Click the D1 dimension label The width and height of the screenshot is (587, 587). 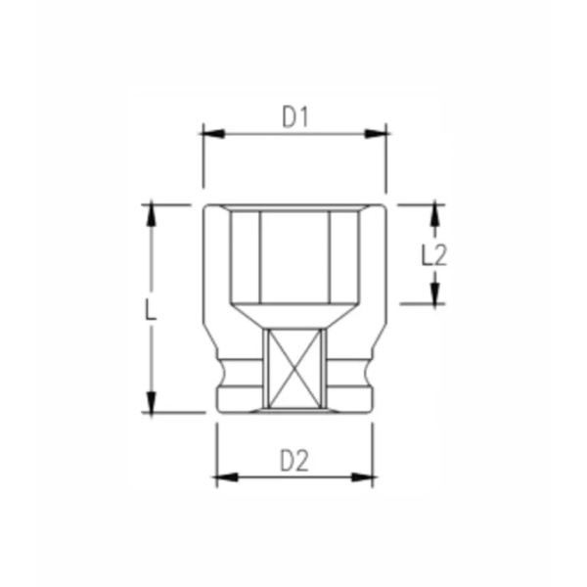(295, 118)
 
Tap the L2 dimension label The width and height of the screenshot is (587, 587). (433, 255)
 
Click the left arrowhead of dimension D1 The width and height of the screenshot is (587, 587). (209, 133)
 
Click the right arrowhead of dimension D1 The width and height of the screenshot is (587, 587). (381, 133)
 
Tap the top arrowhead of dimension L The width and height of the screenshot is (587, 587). (151, 212)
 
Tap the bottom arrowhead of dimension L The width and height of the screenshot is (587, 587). (151, 403)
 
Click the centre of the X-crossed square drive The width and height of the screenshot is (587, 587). (295, 370)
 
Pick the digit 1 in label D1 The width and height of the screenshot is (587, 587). (304, 118)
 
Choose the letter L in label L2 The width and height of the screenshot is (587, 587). (427, 255)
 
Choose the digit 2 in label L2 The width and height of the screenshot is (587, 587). (440, 255)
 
